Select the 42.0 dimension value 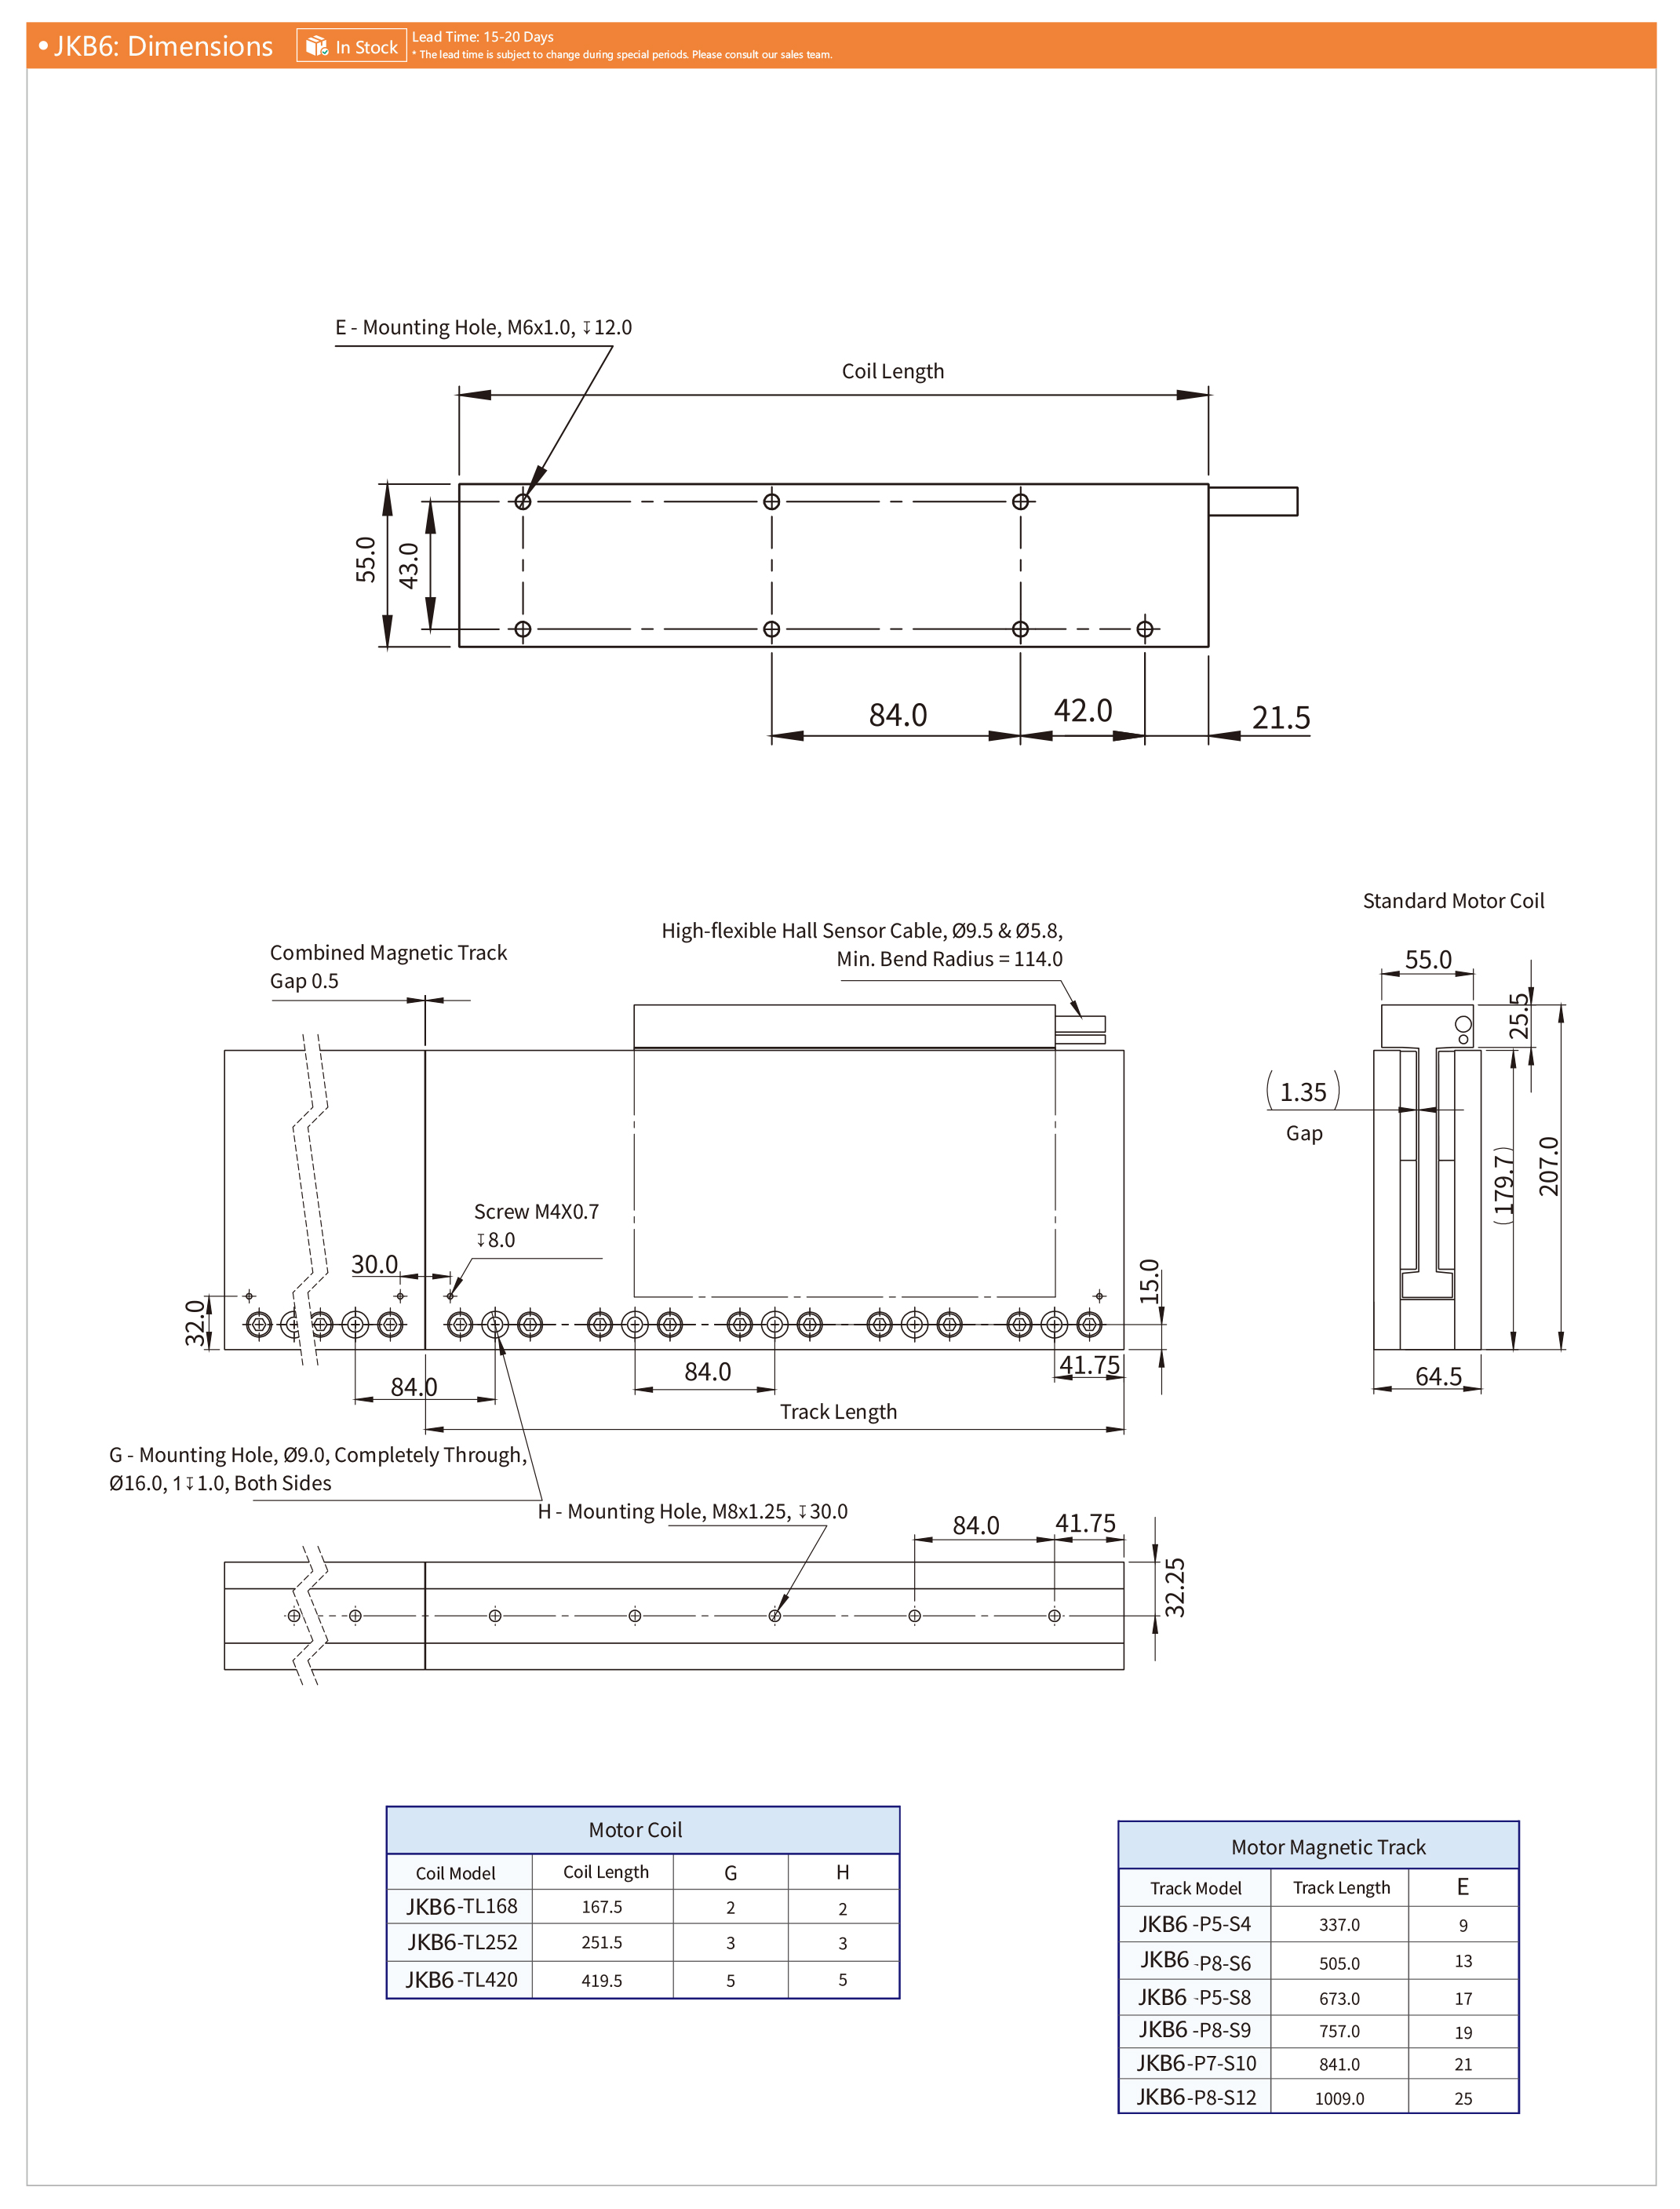pyautogui.click(x=1082, y=710)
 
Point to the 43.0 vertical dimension pyautogui.click(x=409, y=565)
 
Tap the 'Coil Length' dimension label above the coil pyautogui.click(x=892, y=371)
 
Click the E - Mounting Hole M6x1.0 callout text pyautogui.click(x=483, y=327)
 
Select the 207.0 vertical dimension pyautogui.click(x=1548, y=1166)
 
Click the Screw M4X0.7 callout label pyautogui.click(x=536, y=1212)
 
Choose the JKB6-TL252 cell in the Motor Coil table pyautogui.click(x=462, y=1942)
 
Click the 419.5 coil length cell pyautogui.click(x=602, y=1980)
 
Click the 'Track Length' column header pyautogui.click(x=1340, y=1887)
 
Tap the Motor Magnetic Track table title pyautogui.click(x=1327, y=1847)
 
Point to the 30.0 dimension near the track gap pyautogui.click(x=374, y=1264)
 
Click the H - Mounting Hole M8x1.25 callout pyautogui.click(x=692, y=1511)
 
